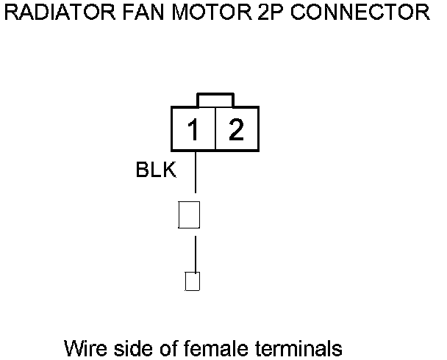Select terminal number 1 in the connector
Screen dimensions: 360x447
[x=193, y=131]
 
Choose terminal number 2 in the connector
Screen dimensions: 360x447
[x=236, y=131]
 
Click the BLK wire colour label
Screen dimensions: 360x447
[x=156, y=171]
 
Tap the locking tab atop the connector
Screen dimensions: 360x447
[x=215, y=100]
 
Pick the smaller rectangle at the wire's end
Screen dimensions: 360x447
[x=193, y=281]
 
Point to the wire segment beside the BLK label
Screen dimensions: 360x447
[x=195, y=175]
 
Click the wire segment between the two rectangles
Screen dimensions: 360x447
[x=195, y=253]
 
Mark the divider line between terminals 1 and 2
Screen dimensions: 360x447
[x=215, y=129]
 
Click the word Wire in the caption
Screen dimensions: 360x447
[x=82, y=347]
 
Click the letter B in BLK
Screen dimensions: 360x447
[x=143, y=171]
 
